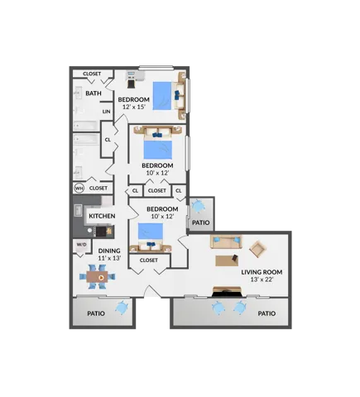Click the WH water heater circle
point(79,189)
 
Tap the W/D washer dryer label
point(81,245)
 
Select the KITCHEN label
point(102,216)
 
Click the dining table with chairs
point(98,276)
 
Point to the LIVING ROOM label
point(262,272)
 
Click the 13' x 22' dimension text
point(262,280)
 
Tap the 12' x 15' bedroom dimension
point(134,107)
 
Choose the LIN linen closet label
point(107,112)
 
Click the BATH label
point(94,93)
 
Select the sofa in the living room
point(226,242)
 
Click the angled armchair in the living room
point(257,249)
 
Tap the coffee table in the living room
point(227,261)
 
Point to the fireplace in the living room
point(227,292)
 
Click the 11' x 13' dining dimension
point(110,258)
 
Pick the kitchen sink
point(79,211)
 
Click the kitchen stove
point(101,232)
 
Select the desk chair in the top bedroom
point(131,84)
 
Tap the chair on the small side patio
point(198,206)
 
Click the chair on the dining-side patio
point(122,308)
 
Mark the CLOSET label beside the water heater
point(98,188)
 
